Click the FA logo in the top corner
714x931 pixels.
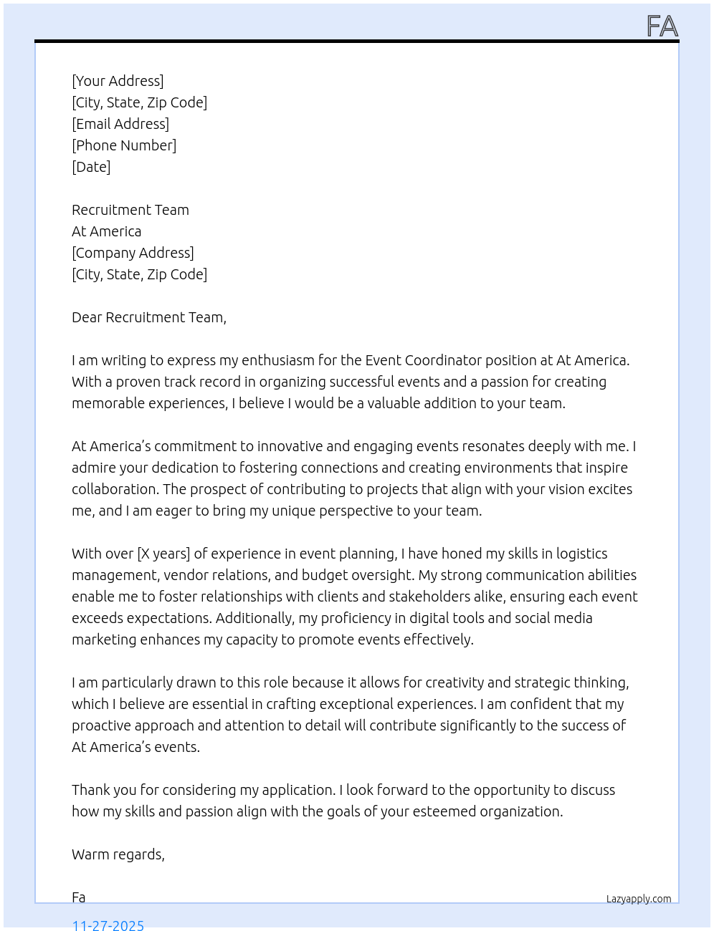662,26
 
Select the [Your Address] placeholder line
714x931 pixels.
118,81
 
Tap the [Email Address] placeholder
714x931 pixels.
120,124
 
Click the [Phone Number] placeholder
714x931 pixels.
124,145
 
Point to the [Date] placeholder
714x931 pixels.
91,167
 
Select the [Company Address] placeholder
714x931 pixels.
133,253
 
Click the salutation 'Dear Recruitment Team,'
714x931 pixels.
149,317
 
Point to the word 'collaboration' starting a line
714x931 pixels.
115,489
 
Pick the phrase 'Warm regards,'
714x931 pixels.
118,854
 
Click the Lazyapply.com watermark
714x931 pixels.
639,899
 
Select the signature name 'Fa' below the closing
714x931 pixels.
79,897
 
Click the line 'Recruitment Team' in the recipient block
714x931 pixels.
130,210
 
